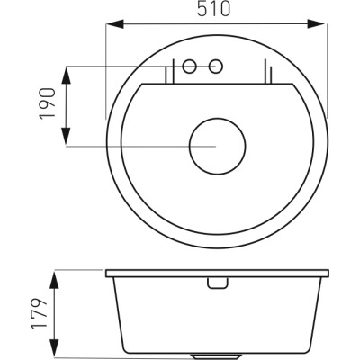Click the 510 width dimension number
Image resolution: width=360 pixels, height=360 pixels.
(214, 9)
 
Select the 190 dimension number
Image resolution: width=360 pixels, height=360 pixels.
(48, 103)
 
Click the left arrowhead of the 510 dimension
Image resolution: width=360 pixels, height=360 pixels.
(115, 23)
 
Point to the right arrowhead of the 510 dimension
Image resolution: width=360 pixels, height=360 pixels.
(316, 23)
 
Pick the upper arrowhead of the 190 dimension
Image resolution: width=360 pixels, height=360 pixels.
(66, 75)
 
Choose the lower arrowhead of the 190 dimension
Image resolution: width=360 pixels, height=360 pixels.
(66, 137)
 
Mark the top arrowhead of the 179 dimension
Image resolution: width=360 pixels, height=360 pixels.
(54, 280)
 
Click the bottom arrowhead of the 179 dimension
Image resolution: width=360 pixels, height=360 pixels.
(54, 347)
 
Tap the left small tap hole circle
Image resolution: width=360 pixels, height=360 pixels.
(190, 67)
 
